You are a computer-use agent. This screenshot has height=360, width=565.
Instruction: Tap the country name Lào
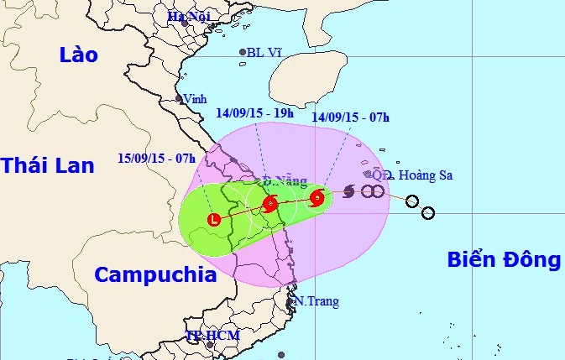coord(79,55)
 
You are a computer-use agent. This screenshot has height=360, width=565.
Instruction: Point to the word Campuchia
coord(155,274)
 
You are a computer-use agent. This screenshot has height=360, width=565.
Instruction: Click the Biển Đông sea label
coord(501,260)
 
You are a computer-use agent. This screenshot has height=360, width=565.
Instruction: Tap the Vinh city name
coord(195,98)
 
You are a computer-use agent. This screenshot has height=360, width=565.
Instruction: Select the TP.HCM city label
coord(212,336)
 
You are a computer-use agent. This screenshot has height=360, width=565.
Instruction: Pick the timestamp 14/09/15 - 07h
coord(350,117)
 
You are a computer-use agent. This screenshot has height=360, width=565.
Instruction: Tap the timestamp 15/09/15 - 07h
coord(156,158)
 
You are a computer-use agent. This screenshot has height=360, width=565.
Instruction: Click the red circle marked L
coord(214,220)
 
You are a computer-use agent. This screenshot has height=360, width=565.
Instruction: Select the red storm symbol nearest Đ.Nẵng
coord(270,204)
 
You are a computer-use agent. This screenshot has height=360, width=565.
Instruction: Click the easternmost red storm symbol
coord(317,199)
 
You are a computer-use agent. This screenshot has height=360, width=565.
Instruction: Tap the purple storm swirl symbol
coord(348,192)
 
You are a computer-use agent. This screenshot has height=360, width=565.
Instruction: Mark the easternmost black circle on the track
coord(427,213)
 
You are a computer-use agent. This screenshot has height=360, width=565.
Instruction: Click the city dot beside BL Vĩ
coord(243,52)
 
